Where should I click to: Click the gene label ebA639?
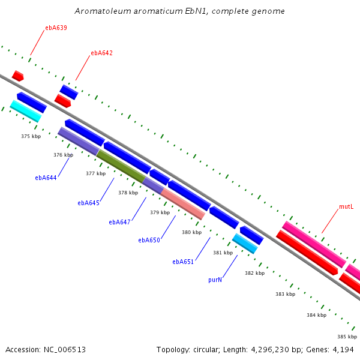point(56,28)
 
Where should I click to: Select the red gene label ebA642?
point(101,53)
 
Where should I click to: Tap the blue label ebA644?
point(46,178)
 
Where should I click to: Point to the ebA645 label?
point(88,203)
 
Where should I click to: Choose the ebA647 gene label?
point(119,222)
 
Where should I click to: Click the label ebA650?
point(149,240)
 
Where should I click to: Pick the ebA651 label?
point(182,262)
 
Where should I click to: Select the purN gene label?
point(215,280)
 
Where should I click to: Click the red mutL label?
point(346,206)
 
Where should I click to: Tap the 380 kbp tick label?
point(191,232)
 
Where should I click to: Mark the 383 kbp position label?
point(285,294)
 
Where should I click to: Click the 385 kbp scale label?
point(347,337)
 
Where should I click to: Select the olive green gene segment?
point(121,166)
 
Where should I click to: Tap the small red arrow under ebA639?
point(17,76)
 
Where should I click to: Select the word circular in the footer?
point(210,349)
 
